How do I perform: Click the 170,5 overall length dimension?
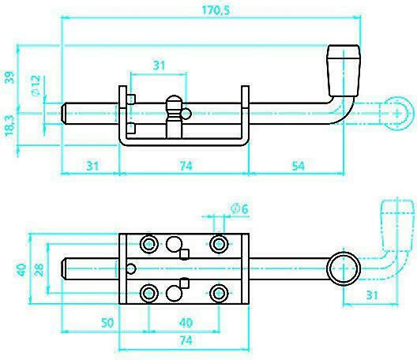[x=216, y=10]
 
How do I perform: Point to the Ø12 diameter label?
[x=36, y=85]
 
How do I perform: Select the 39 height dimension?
[x=9, y=77]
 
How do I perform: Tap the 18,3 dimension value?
[x=9, y=126]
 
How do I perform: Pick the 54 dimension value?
[x=298, y=166]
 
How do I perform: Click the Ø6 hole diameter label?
[x=239, y=209]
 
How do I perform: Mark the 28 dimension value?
[x=39, y=269]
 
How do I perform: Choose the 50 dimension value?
[x=107, y=323]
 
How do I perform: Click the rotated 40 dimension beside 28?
[x=21, y=269]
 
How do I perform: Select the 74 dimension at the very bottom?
[x=186, y=340]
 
